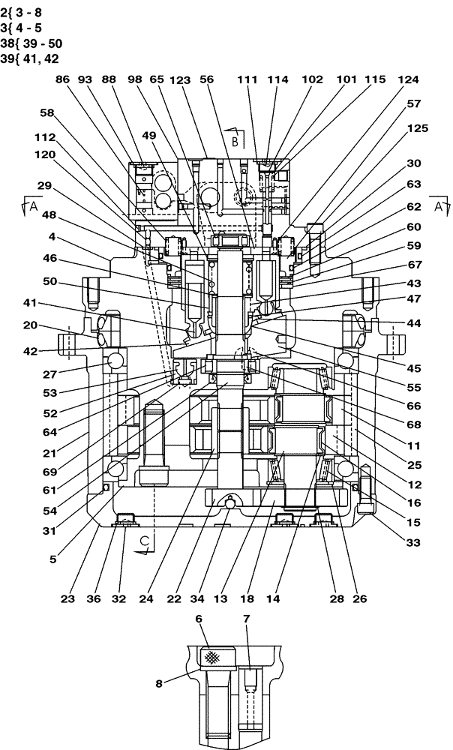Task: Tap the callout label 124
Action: point(408,79)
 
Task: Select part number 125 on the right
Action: point(418,128)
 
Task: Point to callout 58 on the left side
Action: point(47,112)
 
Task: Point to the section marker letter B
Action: point(234,139)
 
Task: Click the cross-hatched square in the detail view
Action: point(213,656)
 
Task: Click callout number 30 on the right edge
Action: point(414,163)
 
